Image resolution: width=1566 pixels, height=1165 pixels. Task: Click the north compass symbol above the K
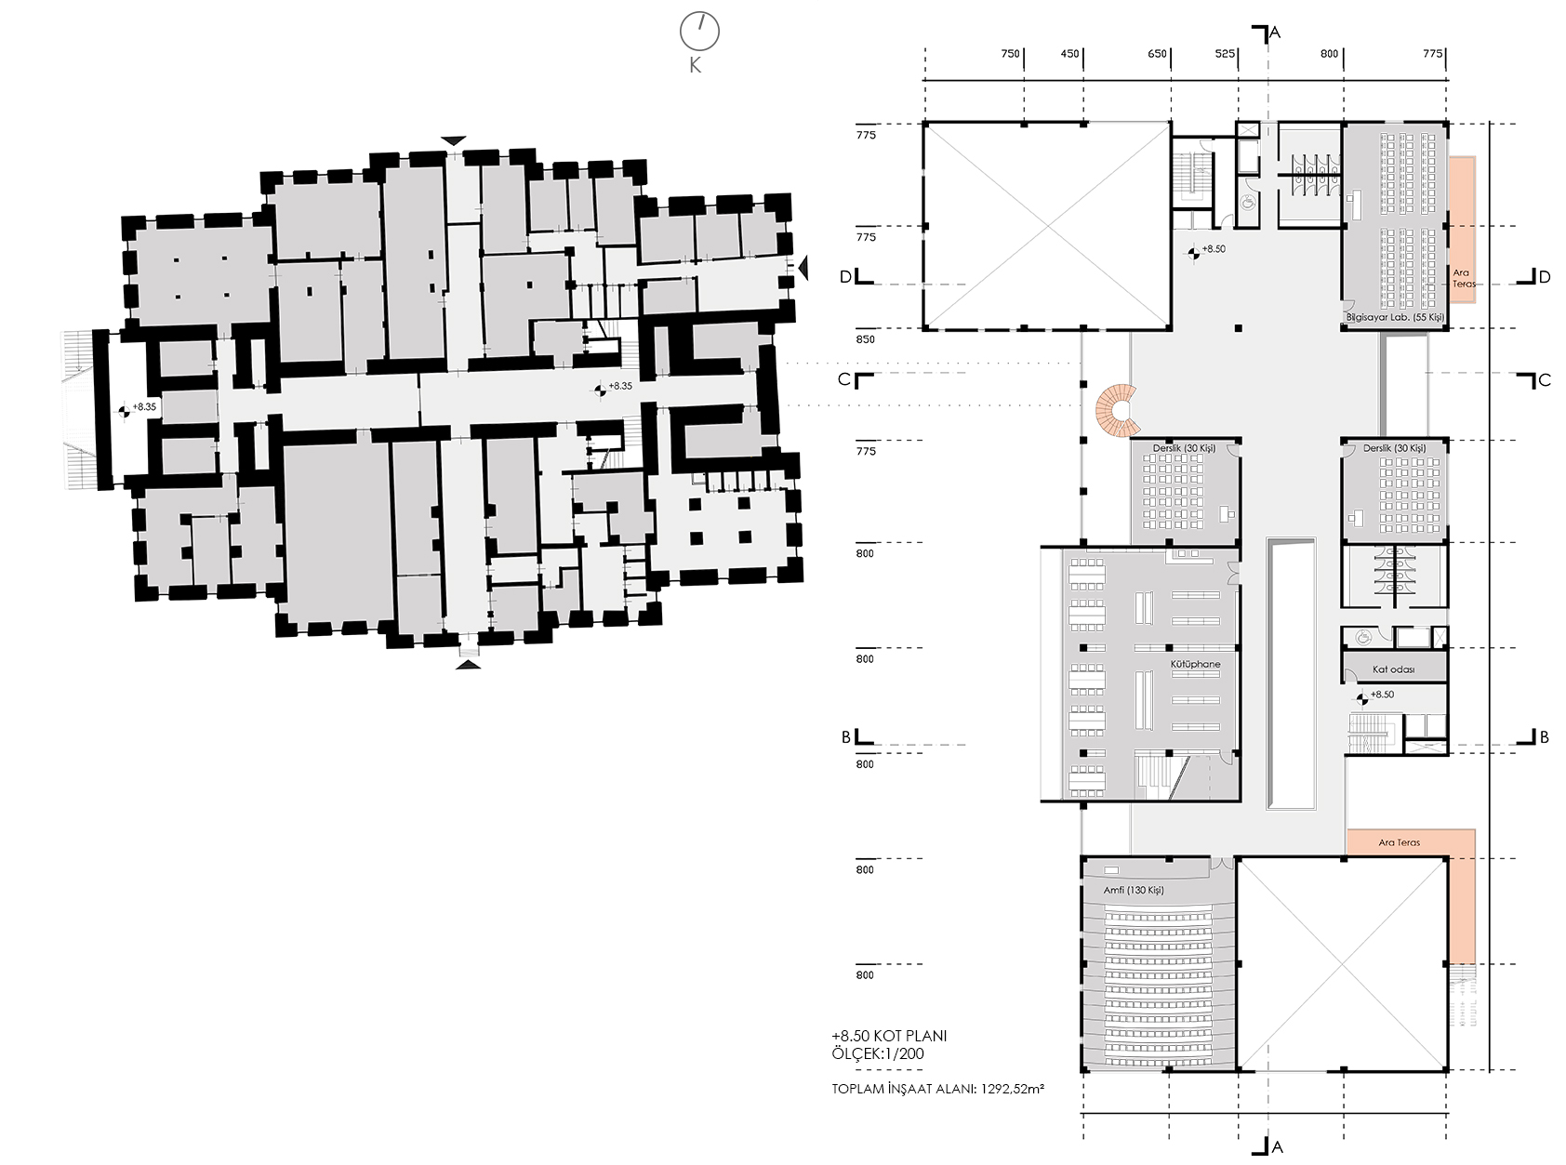pyautogui.click(x=699, y=31)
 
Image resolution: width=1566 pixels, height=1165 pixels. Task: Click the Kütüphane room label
pyautogui.click(x=1195, y=664)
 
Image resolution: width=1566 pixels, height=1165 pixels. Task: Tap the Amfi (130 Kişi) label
pyautogui.click(x=1134, y=890)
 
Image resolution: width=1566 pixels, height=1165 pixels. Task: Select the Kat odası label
pyautogui.click(x=1393, y=669)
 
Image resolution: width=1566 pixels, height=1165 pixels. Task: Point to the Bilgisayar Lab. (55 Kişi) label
pyautogui.click(x=1395, y=318)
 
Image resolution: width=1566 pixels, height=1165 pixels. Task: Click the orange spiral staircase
pyautogui.click(x=1116, y=410)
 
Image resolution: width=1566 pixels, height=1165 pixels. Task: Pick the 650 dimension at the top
pyautogui.click(x=1157, y=54)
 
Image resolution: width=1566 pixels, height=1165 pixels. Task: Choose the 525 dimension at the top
pyautogui.click(x=1225, y=54)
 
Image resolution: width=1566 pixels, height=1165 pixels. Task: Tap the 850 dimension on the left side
pyautogui.click(x=866, y=339)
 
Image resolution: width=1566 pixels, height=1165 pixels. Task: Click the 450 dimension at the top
pyautogui.click(x=1069, y=54)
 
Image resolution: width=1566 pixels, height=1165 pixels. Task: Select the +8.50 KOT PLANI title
pyautogui.click(x=889, y=1036)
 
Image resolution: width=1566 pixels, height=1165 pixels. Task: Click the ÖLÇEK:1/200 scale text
pyautogui.click(x=878, y=1054)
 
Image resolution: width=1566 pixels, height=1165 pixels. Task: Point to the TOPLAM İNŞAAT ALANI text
pyautogui.click(x=904, y=1089)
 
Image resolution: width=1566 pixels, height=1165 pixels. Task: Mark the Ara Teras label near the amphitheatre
pyautogui.click(x=1399, y=842)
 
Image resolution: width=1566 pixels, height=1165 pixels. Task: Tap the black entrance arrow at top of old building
pyautogui.click(x=453, y=140)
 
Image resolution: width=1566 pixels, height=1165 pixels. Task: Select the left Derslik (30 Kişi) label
pyautogui.click(x=1184, y=448)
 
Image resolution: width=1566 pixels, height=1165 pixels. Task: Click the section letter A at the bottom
pyautogui.click(x=1277, y=1147)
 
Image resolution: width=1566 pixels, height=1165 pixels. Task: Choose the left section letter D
pyautogui.click(x=845, y=277)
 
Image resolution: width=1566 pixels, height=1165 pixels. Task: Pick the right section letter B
pyautogui.click(x=1544, y=737)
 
